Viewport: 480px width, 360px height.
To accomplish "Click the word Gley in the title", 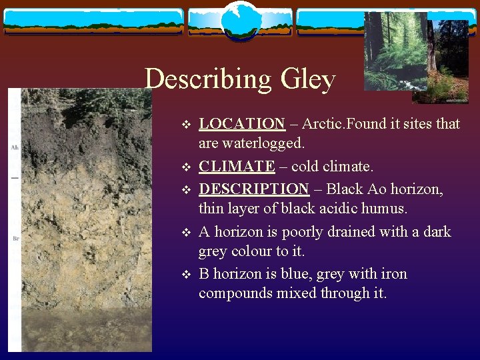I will click(308, 80).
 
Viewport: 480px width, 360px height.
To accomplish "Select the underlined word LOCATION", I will click(242, 123).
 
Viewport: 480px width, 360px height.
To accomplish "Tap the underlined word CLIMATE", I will click(237, 166).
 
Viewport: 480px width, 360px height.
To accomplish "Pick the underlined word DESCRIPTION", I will click(253, 189).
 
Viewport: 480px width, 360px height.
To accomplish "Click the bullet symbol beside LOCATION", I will click(186, 124).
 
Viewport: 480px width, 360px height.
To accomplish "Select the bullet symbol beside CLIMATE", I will click(186, 167).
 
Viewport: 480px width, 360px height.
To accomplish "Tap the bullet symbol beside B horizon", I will click(186, 275).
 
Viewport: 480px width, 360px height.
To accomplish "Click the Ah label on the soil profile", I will click(14, 147).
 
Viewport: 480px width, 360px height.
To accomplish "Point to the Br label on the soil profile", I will click(15, 238).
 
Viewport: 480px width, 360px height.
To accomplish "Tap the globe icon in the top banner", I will click(239, 20).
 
